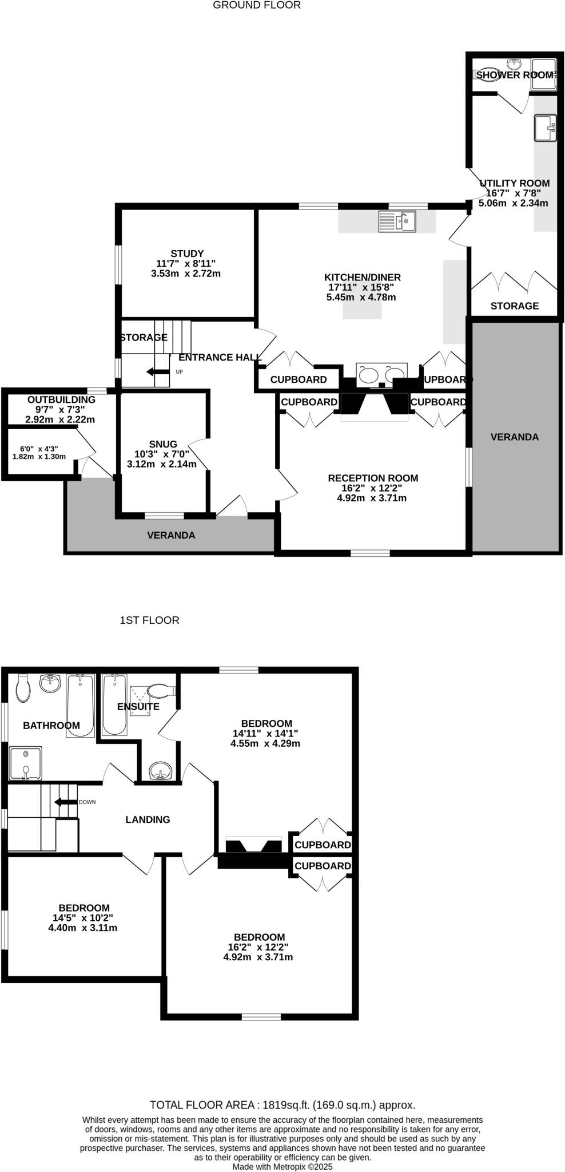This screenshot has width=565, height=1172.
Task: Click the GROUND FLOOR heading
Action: tap(256, 5)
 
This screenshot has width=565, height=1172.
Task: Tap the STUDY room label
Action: tap(187, 254)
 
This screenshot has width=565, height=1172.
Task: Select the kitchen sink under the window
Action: tap(397, 221)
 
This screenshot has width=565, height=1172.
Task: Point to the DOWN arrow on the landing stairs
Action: tap(65, 802)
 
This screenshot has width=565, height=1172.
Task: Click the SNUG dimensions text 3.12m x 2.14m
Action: tap(161, 464)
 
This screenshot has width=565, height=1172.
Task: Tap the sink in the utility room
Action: tap(544, 128)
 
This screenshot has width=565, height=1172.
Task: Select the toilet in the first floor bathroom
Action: tap(23, 688)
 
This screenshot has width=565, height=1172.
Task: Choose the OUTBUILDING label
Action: tap(61, 399)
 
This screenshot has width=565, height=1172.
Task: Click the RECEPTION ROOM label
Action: tap(372, 478)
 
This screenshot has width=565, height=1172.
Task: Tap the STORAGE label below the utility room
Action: tap(514, 306)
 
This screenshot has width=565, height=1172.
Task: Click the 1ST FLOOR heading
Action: tap(149, 620)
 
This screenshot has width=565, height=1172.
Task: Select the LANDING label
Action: tap(148, 819)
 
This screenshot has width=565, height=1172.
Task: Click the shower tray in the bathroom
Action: tap(25, 763)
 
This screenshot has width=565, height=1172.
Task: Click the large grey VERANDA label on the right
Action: tap(514, 437)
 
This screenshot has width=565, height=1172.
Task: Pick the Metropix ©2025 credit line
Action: tap(282, 1166)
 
